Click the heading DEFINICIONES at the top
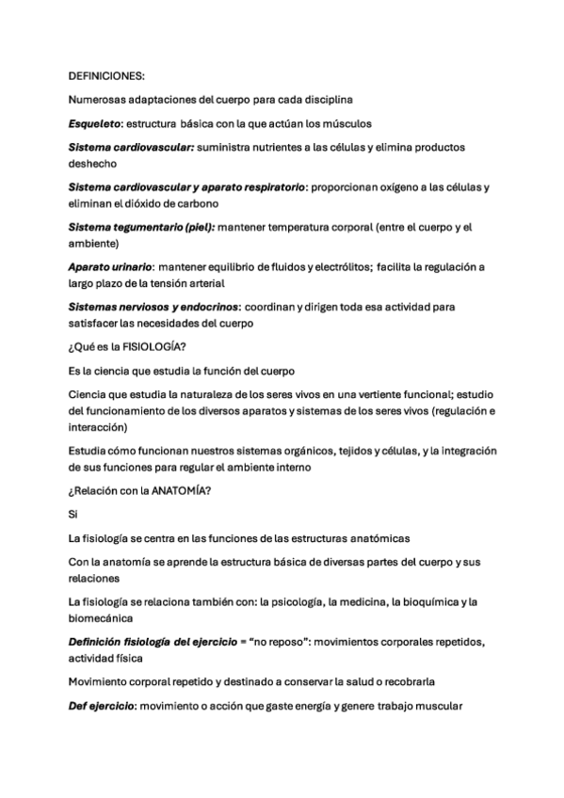coord(106,74)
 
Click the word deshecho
coord(92,163)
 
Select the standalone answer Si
coord(74,514)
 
